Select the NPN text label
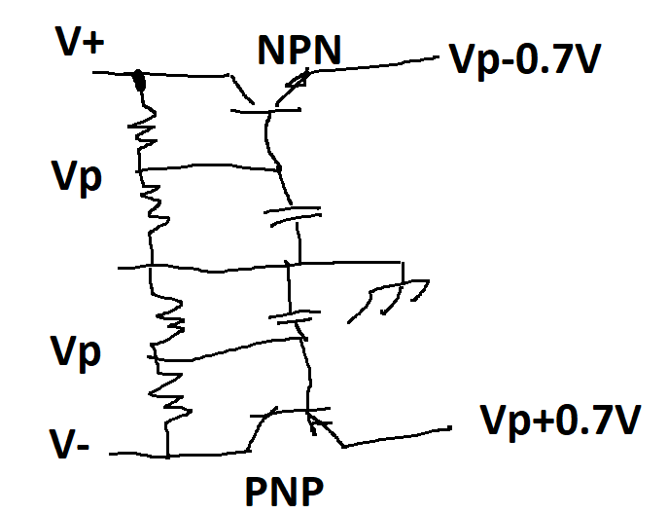click(x=299, y=49)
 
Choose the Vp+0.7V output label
click(x=561, y=421)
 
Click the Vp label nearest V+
click(x=79, y=179)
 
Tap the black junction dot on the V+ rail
click(x=138, y=79)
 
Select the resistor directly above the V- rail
click(x=166, y=394)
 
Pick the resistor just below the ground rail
click(x=167, y=316)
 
